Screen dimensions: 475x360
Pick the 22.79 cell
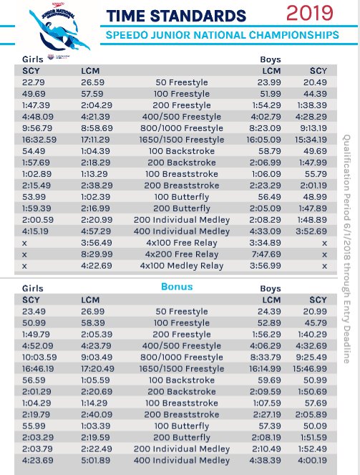point(32,82)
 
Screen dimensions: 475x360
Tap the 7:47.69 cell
point(276,254)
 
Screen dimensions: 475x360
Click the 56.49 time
point(277,197)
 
